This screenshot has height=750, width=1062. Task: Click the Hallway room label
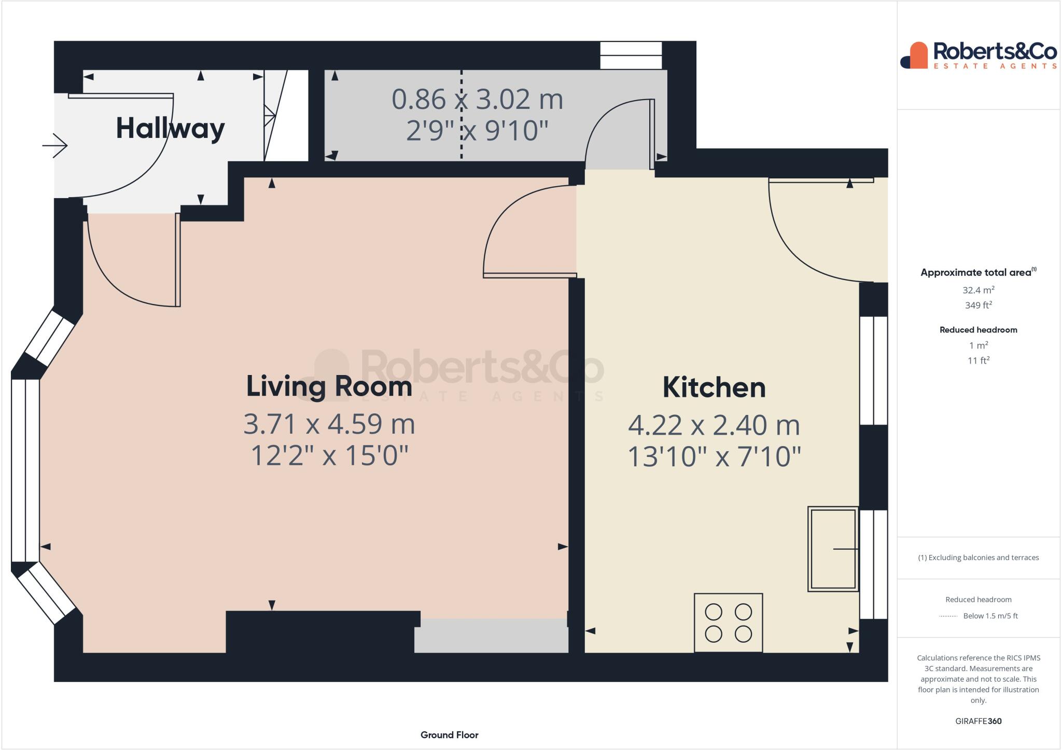pos(170,128)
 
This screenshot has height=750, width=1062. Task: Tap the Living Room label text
pos(329,386)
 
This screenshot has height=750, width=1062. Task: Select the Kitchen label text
pos(714,387)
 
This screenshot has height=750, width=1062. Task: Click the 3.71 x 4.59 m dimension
pos(329,424)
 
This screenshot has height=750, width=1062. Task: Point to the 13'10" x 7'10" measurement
pos(714,457)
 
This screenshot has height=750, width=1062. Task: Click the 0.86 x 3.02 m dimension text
pos(477,99)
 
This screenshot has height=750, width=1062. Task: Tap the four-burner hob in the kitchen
pos(728,622)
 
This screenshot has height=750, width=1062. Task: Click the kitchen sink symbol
pos(833,549)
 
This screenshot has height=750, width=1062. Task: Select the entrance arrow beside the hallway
pos(55,145)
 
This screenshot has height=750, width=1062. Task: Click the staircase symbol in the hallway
pos(286,115)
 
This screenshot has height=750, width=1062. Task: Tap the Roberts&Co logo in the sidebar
pos(978,55)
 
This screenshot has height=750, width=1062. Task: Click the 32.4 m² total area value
pos(978,290)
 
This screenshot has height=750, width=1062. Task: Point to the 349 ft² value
pos(978,305)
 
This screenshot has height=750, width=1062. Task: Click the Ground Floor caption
pos(449,734)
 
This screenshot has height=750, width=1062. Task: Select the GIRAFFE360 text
pos(978,721)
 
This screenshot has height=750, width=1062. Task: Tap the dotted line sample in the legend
pos(948,616)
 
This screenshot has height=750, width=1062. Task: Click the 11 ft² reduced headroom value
pos(978,360)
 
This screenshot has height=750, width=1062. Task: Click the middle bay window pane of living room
pos(25,470)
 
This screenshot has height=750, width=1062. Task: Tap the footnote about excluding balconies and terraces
pos(978,558)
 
